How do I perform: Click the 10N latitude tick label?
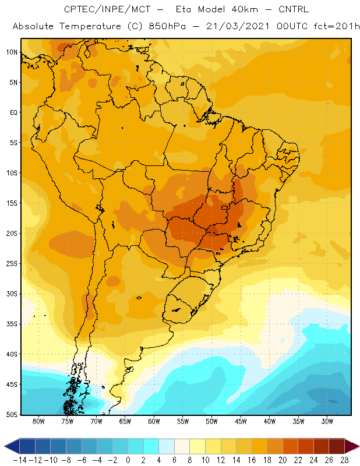pyautogui.click(x=12, y=52)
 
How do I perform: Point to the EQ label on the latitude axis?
pyautogui.click(x=13, y=112)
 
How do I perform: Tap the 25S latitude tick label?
pyautogui.click(x=12, y=264)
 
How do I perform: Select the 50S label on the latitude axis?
pyautogui.click(x=12, y=415)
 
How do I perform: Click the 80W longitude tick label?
pyautogui.click(x=38, y=421)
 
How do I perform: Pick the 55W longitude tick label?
pyautogui.click(x=183, y=421)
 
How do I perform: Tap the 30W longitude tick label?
pyautogui.click(x=327, y=421)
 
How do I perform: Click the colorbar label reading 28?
pyautogui.click(x=344, y=460)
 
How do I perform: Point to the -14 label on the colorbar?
pyautogui.click(x=20, y=460)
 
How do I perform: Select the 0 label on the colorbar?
pyautogui.click(x=128, y=460)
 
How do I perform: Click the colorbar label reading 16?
pyautogui.click(x=252, y=460)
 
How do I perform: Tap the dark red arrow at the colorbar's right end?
pyautogui.click(x=352, y=446)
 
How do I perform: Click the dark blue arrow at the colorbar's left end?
pyautogui.click(x=12, y=446)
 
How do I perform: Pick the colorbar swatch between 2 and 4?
pyautogui.click(x=151, y=446)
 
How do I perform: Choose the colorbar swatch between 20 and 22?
pyautogui.click(x=291, y=446)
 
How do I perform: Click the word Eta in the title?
pyautogui.click(x=183, y=9)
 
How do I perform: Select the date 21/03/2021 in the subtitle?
pyautogui.click(x=238, y=26)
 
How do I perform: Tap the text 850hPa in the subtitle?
pyautogui.click(x=167, y=26)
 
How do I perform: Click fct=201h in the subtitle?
pyautogui.click(x=337, y=26)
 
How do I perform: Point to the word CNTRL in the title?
pyautogui.click(x=294, y=9)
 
